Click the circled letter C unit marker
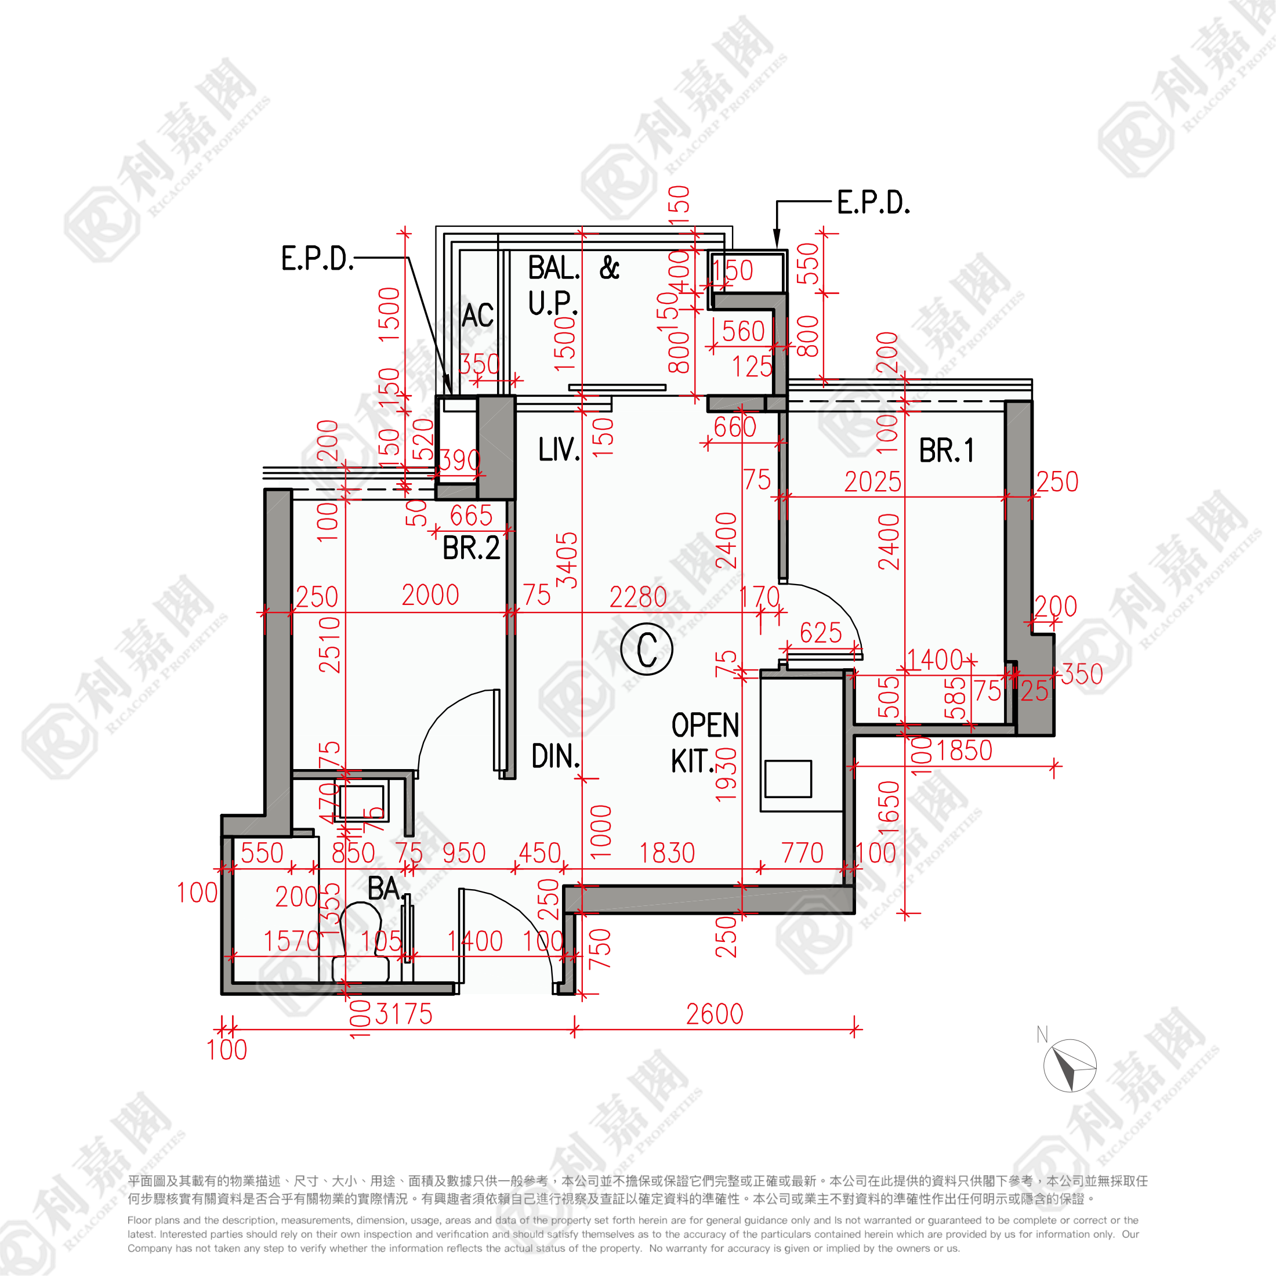[647, 649]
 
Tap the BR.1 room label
[946, 451]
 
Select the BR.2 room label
[471, 548]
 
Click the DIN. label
[556, 756]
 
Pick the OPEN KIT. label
[704, 743]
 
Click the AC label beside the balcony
[477, 315]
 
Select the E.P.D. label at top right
[873, 203]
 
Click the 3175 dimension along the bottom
[404, 1014]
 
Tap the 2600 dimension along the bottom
[715, 1014]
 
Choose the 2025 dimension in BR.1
[872, 482]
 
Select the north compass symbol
[1070, 1065]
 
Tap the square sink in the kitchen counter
[788, 779]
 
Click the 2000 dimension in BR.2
[430, 595]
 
